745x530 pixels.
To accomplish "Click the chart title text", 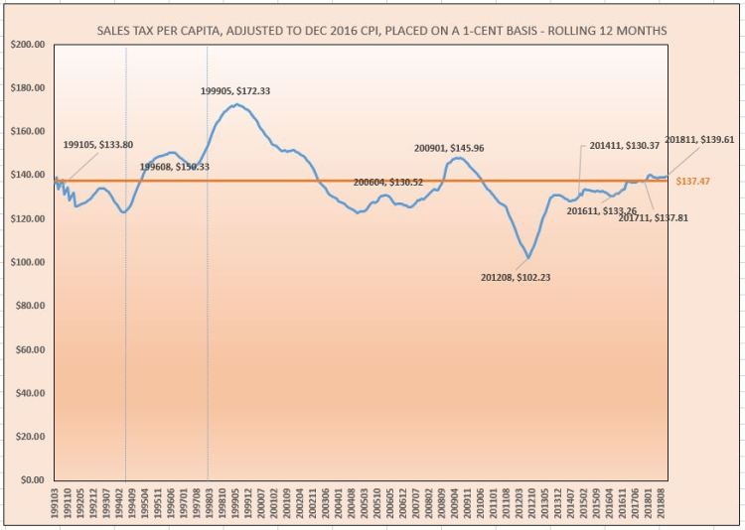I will pos(382,33).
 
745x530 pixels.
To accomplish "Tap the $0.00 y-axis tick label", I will pos(29,480).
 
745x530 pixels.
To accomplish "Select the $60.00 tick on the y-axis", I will pos(27,349).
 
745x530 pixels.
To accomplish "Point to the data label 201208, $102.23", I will pos(515,278).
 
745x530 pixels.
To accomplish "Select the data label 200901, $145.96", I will pos(449,149).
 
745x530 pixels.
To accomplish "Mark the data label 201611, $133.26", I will pos(602,210).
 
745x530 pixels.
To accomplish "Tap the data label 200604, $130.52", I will pos(388,183).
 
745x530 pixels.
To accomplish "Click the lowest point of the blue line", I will pos(527,258).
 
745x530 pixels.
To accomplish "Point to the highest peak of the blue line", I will pos(235,104).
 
